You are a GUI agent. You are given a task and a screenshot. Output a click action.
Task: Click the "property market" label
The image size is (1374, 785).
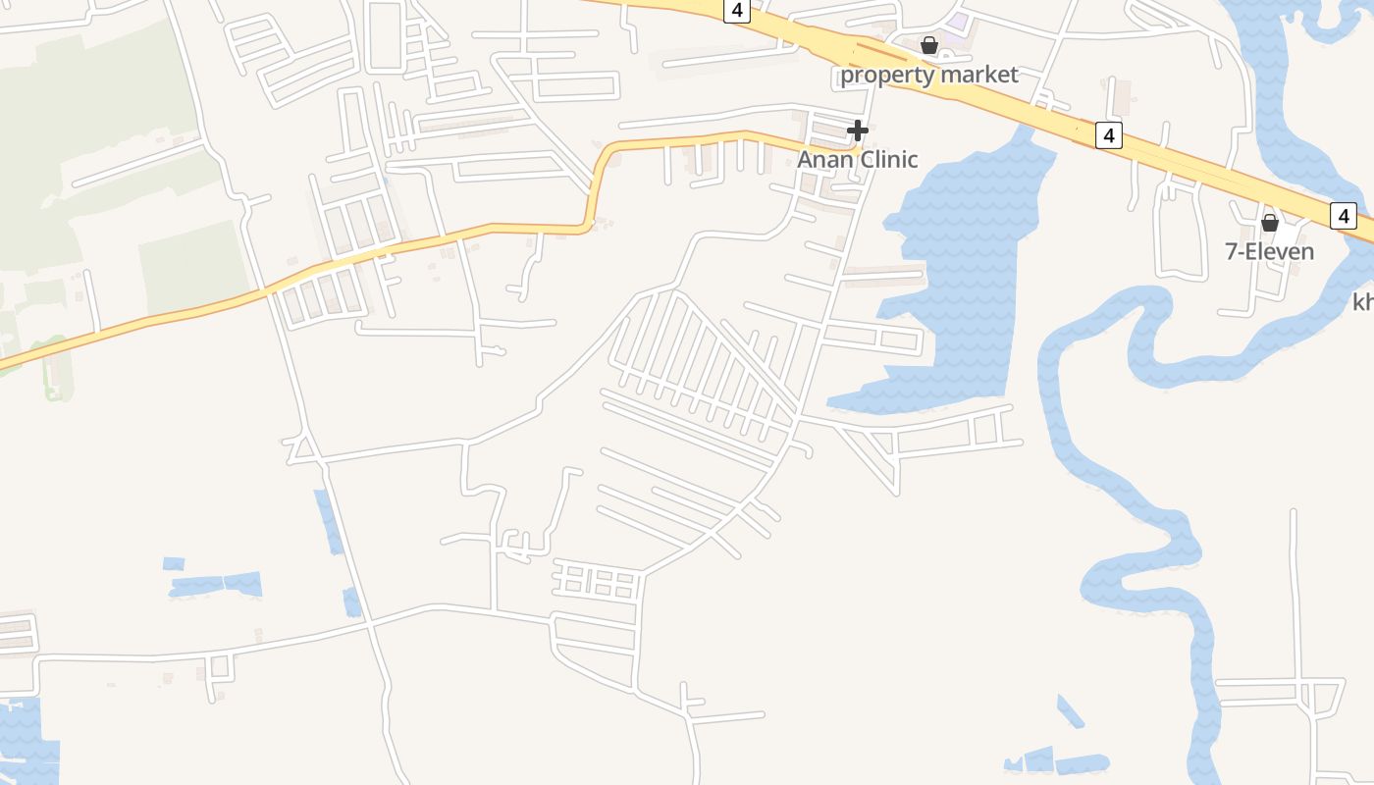[928, 75]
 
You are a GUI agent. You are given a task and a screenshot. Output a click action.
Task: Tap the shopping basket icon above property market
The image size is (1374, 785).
[929, 45]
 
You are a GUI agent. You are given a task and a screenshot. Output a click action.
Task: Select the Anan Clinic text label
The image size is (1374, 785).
[857, 159]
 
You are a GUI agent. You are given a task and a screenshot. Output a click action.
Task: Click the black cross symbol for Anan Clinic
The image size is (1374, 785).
[858, 131]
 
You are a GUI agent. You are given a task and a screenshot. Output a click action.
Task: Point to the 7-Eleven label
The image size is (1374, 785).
[1269, 251]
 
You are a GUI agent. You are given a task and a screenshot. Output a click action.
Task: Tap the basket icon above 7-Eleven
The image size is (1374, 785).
[1270, 223]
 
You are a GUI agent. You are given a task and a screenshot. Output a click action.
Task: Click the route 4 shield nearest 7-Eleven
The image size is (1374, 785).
[1344, 216]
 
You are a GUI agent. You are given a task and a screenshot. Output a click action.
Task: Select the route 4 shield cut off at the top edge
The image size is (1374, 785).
[737, 10]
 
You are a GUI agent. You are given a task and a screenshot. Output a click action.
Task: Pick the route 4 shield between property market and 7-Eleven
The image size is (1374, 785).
[1108, 135]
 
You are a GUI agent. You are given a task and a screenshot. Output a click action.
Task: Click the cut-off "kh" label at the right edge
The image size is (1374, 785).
[1362, 302]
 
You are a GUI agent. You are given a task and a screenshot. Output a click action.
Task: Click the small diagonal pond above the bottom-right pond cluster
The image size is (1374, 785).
[1070, 710]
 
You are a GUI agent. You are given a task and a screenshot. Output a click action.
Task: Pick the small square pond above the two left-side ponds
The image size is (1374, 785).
[174, 563]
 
